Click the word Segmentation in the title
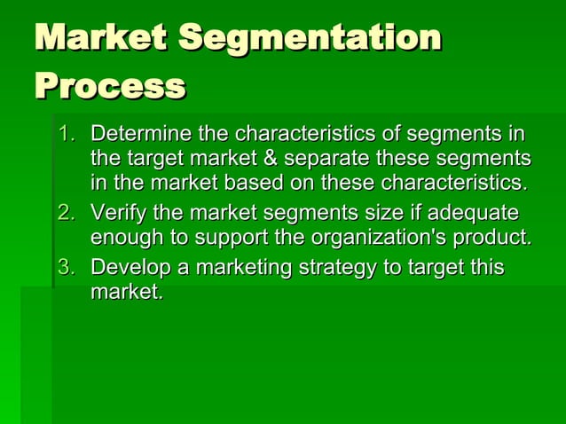tap(310, 39)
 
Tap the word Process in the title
tap(110, 87)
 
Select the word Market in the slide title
tap(100, 39)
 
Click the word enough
tap(126, 239)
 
